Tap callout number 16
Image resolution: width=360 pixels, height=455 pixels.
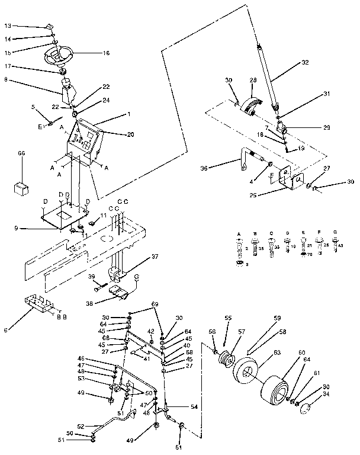tap(107, 53)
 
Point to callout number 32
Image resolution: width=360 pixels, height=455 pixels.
tap(306, 62)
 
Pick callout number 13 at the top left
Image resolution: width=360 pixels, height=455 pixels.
tap(7, 26)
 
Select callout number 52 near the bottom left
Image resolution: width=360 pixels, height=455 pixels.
tap(81, 425)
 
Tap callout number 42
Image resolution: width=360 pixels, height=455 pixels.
tap(150, 331)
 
